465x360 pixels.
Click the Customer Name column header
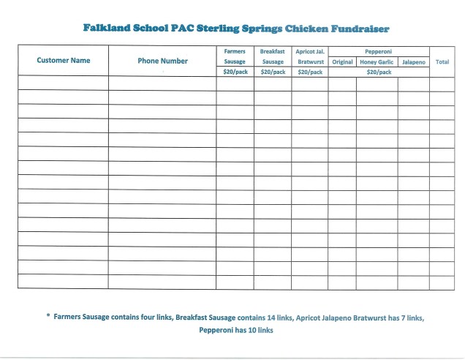click(x=63, y=61)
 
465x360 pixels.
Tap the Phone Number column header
click(x=162, y=61)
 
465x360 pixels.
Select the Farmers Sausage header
click(x=235, y=57)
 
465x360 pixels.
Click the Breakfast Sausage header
click(x=273, y=57)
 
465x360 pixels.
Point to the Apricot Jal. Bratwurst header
click(x=310, y=57)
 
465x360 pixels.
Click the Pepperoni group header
click(x=378, y=52)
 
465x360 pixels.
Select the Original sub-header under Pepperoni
click(x=342, y=62)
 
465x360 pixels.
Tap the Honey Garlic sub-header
click(x=377, y=62)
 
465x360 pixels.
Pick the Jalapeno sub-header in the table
click(x=413, y=62)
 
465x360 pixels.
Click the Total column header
click(x=442, y=62)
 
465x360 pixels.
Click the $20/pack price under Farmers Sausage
click(x=235, y=72)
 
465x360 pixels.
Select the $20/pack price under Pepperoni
click(x=378, y=72)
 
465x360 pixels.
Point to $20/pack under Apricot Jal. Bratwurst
click(x=310, y=72)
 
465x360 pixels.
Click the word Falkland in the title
click(x=106, y=29)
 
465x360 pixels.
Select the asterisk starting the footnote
click(x=48, y=317)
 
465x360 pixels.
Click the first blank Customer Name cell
click(x=63, y=83)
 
